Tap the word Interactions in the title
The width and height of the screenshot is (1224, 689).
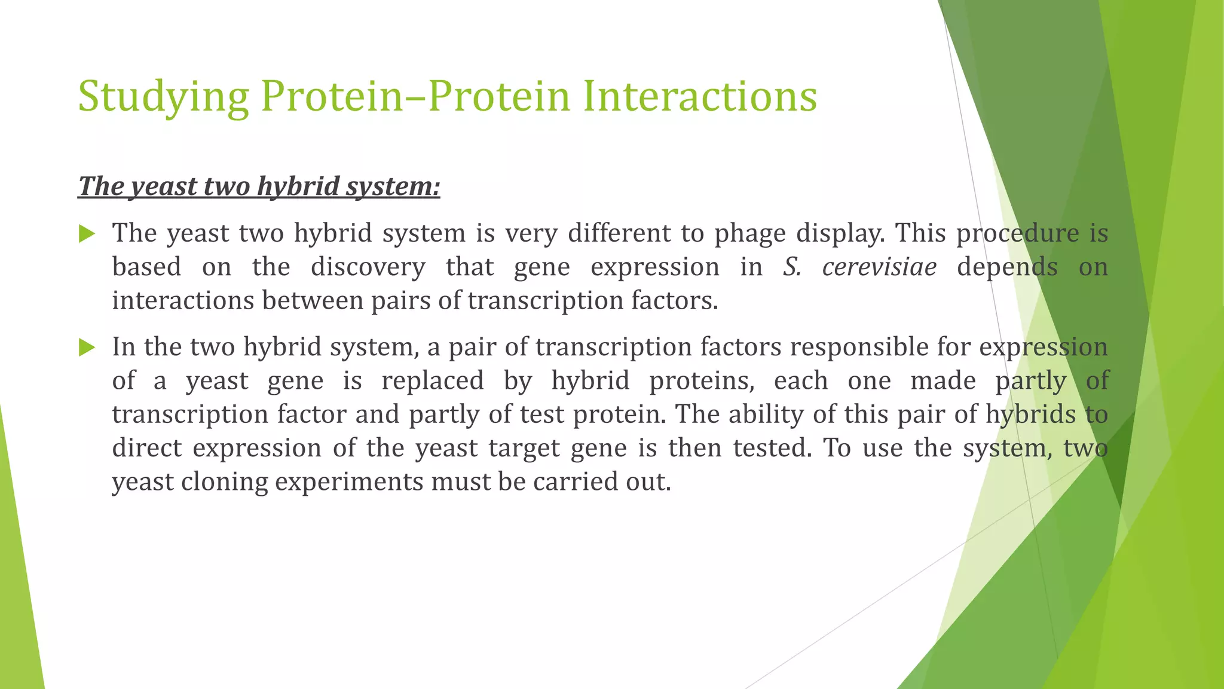(699, 97)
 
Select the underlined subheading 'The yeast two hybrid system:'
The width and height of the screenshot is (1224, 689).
(259, 186)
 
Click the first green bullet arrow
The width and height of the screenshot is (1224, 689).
(87, 234)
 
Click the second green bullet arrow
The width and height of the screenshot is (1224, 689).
(87, 347)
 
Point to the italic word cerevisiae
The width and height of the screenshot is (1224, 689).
(879, 267)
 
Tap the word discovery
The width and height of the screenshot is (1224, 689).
(368, 267)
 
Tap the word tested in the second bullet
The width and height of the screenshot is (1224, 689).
(773, 447)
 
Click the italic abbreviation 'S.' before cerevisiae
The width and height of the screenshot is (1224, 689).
(792, 267)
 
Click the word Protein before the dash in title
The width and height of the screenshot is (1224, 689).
(332, 97)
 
